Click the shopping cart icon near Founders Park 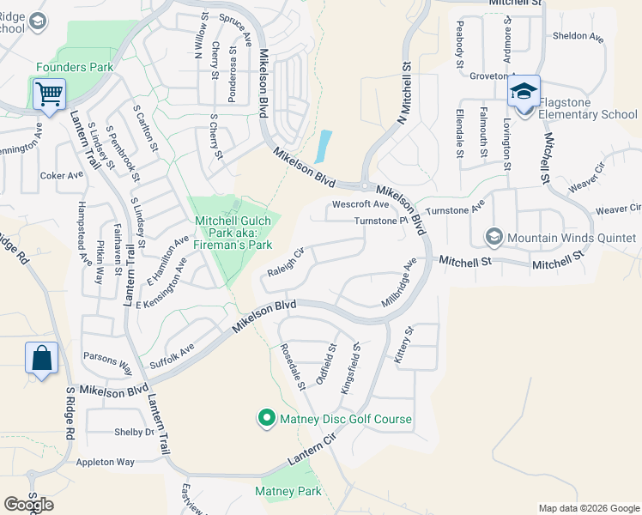pos(49,94)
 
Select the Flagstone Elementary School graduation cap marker pos(523,92)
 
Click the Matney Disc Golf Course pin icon pos(267,419)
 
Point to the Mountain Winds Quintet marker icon pos(494,237)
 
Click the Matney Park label pos(288,491)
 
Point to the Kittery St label pos(403,343)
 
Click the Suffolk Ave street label pos(172,353)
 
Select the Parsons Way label pos(106,360)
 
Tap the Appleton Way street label pos(106,462)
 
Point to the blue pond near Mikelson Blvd pos(323,146)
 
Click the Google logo pos(28,505)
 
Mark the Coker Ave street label pos(62,175)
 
